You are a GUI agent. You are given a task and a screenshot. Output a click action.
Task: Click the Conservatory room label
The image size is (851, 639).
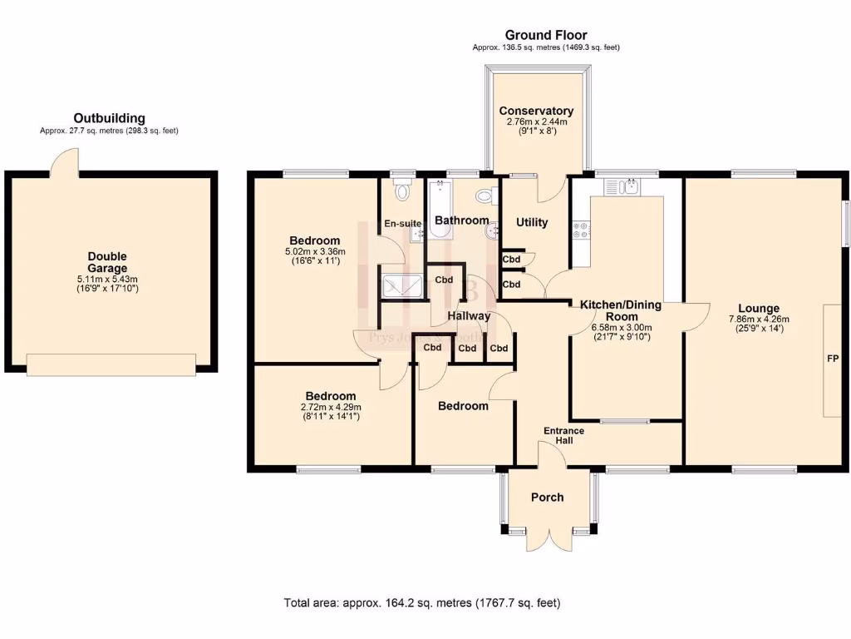[x=536, y=111]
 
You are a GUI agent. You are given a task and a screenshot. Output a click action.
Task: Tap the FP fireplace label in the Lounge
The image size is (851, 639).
[x=832, y=360]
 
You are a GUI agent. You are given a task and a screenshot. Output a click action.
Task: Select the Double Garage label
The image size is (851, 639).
[x=108, y=262]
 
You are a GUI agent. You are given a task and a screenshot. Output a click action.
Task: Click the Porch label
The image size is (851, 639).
[x=547, y=497]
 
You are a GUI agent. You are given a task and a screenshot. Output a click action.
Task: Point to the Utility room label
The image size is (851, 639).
[x=532, y=222]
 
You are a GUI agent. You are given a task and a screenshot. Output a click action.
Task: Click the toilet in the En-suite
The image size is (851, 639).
[x=403, y=191]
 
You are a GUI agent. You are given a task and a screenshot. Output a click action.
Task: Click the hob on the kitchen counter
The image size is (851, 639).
[x=579, y=230]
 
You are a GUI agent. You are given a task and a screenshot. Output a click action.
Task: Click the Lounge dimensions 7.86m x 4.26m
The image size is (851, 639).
[x=758, y=319]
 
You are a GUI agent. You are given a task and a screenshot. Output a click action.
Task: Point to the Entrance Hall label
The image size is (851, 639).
[x=563, y=435]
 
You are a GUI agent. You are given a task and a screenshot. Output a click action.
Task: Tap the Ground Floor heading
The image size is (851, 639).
[x=546, y=35]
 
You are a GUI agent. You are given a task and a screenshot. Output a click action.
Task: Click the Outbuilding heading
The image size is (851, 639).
[x=109, y=118]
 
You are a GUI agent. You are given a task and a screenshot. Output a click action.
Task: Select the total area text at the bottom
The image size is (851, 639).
[x=422, y=602]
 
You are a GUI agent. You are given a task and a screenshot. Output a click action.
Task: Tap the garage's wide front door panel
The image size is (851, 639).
[x=111, y=364]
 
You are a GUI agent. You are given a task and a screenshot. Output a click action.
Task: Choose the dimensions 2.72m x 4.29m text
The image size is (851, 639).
[x=330, y=407]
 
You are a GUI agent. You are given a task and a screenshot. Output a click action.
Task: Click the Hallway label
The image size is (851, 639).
[x=469, y=316]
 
